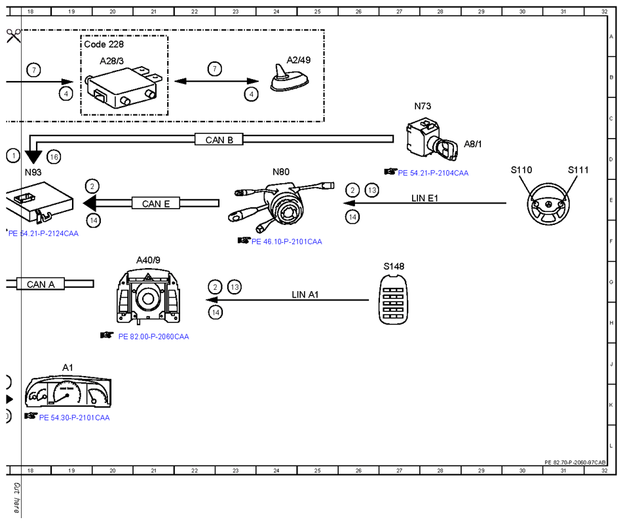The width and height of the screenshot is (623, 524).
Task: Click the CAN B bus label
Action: pos(219,139)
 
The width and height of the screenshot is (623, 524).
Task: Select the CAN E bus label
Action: pos(156,203)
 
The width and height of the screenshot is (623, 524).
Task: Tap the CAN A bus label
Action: pos(41,284)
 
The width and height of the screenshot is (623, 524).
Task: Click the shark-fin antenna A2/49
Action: pos(290,78)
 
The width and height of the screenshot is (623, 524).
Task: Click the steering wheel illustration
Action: pos(548,204)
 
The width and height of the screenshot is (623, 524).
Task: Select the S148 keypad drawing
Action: pos(393,299)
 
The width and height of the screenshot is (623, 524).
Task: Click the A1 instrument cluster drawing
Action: pos(68,392)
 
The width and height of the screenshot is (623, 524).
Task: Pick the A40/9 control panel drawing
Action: pos(148,296)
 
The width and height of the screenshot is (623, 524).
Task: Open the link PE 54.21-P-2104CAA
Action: pos(433,173)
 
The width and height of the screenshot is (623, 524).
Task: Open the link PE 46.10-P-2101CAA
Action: pos(286,241)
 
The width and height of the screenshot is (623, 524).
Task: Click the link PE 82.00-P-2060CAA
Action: pos(153,336)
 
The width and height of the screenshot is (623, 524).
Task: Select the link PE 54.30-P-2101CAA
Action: pos(74,417)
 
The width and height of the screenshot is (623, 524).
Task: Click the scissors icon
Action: pos(13,36)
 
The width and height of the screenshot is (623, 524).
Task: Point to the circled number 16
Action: pos(54,157)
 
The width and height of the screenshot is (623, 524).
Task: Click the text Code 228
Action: pos(104,44)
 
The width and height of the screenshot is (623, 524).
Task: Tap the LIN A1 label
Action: pos(305,294)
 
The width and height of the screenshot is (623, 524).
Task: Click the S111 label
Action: pos(578,170)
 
